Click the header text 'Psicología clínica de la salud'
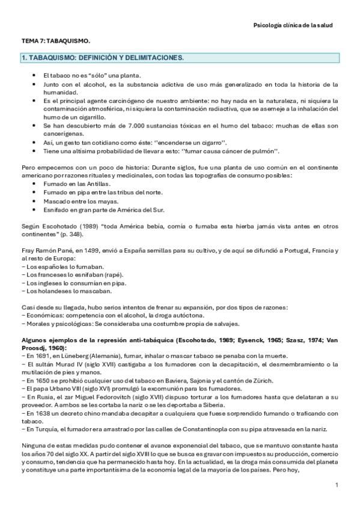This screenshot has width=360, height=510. coord(293,25)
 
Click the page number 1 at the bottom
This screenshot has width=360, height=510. coord(337,485)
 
